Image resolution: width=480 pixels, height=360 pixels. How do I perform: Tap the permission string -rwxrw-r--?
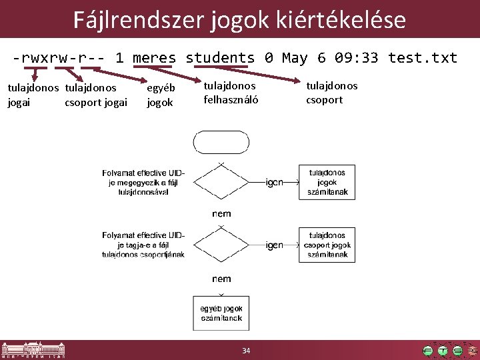58,57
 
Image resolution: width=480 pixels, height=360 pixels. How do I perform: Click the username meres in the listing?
154,57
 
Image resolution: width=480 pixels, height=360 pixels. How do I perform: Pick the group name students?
220,57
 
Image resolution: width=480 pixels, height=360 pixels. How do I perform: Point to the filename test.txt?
423,57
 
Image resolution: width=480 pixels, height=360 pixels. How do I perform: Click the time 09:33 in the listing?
356,57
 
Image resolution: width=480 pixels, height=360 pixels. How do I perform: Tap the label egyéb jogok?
160,95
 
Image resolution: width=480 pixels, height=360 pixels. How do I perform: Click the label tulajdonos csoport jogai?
96,95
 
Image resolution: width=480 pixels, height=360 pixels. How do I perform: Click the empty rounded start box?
221,142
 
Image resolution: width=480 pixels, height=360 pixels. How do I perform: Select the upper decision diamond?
221,181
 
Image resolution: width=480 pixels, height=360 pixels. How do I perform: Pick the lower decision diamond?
221,245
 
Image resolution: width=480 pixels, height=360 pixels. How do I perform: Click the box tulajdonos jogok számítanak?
327,182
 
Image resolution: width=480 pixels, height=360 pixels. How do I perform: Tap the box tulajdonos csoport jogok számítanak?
327,245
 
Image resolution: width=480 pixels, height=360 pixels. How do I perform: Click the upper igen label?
275,181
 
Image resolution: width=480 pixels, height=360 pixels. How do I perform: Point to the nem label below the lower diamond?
221,279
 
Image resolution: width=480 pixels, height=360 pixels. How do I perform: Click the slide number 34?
246,351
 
